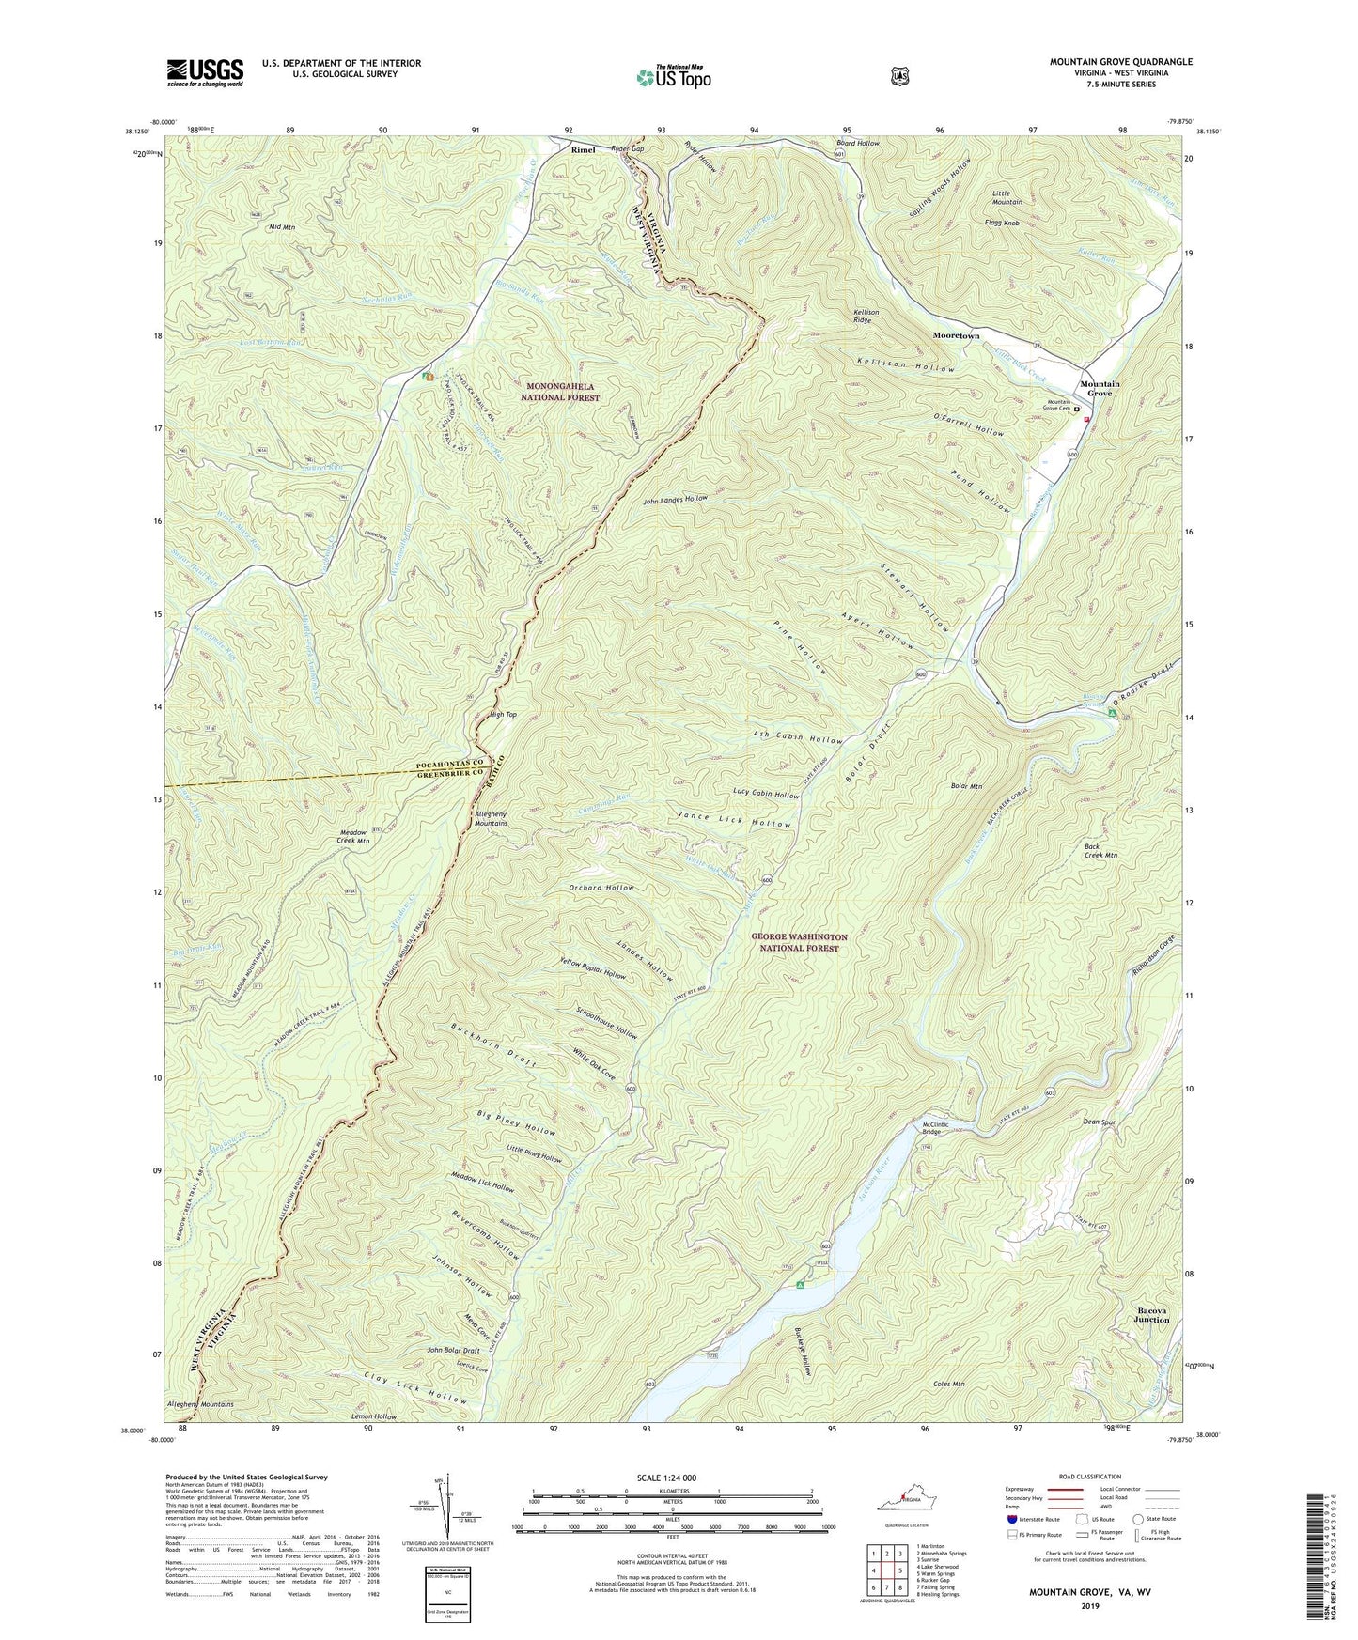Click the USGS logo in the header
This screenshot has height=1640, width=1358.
click(205, 72)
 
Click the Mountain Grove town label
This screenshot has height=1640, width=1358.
click(1099, 389)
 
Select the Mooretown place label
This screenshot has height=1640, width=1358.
click(956, 335)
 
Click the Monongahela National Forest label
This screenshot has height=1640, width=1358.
click(562, 392)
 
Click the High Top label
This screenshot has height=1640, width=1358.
click(504, 715)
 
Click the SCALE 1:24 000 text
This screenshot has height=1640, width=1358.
click(671, 1478)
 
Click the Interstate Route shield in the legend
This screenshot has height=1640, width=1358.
click(1010, 1518)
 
